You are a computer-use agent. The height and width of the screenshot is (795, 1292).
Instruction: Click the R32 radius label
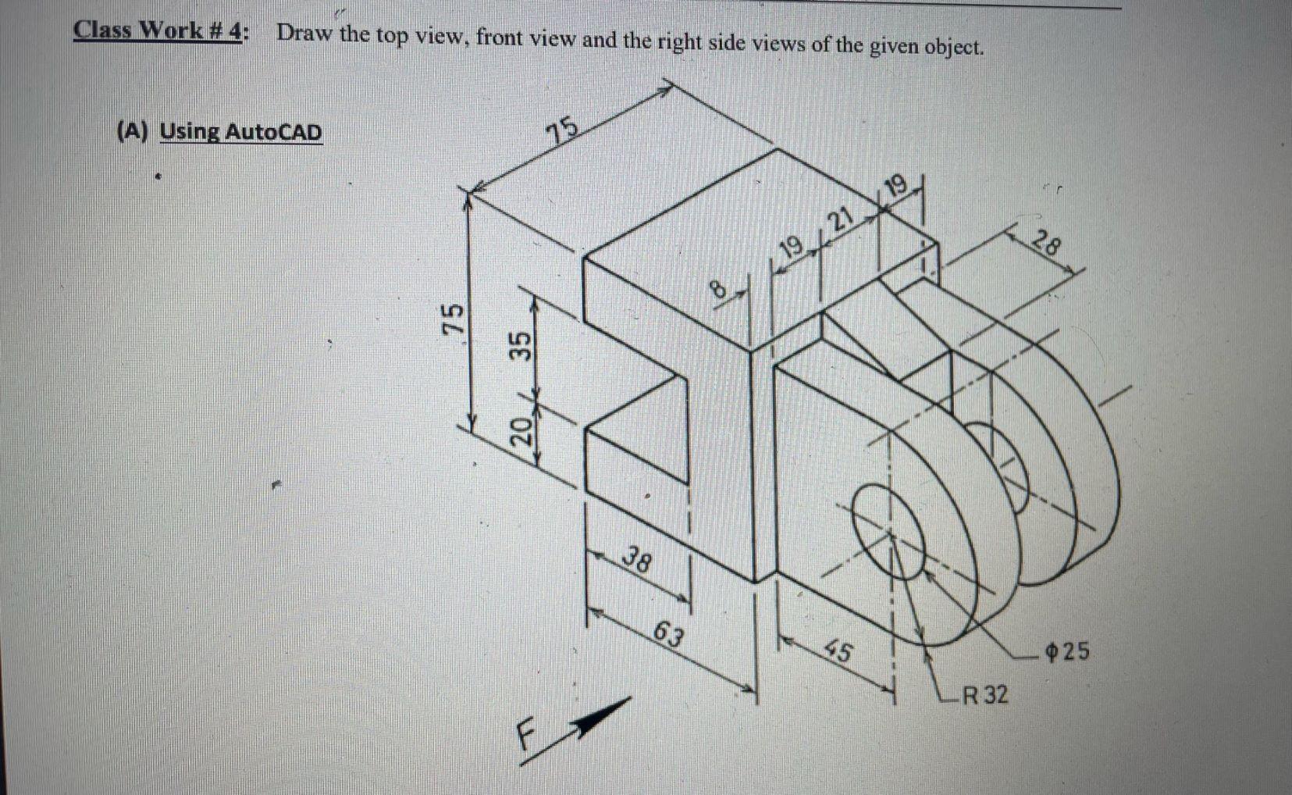click(984, 694)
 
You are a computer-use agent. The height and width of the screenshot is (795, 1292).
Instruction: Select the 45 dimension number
click(839, 651)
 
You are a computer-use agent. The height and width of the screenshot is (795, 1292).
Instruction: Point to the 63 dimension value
click(670, 634)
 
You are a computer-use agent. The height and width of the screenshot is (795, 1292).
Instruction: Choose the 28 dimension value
click(1046, 245)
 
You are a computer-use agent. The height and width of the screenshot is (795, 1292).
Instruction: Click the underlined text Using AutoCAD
click(240, 131)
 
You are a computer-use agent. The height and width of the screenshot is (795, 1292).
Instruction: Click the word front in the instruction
click(500, 37)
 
